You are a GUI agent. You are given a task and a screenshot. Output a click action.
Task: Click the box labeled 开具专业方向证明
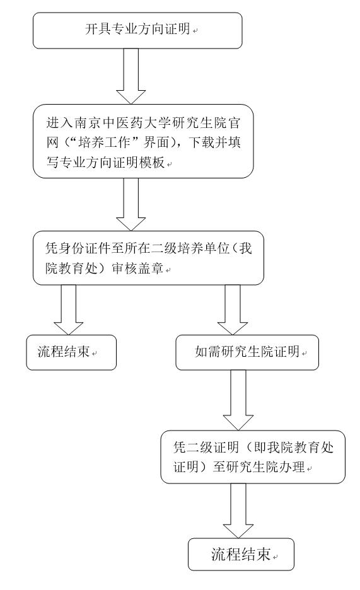point(137,30)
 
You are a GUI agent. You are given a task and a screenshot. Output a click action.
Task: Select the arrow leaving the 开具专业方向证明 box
point(131,76)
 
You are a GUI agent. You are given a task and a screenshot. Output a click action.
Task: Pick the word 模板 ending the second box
point(152,163)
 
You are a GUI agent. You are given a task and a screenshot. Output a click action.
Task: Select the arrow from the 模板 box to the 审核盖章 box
point(131,204)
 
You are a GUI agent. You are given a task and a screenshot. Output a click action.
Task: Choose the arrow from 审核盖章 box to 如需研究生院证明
point(233,309)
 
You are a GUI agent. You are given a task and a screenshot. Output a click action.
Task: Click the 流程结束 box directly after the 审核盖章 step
point(71,352)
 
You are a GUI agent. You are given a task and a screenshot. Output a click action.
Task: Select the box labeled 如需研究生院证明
point(247,352)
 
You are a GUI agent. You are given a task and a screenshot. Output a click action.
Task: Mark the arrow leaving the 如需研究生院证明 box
point(238,400)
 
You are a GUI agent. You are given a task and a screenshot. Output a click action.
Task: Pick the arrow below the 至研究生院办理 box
point(238,511)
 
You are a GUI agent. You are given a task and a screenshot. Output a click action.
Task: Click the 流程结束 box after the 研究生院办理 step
point(241,554)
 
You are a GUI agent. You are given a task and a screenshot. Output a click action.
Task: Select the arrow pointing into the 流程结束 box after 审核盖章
point(68,309)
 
